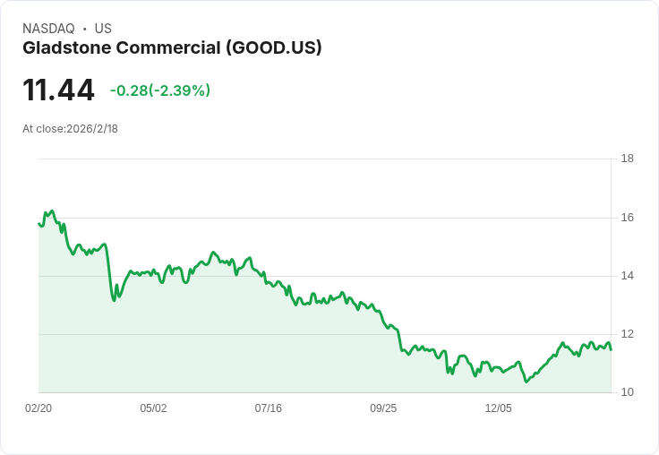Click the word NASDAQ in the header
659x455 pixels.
48,29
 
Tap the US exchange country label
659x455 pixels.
103,29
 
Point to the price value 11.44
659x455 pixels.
58,90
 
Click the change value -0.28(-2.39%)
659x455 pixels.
160,90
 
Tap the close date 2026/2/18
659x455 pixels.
92,129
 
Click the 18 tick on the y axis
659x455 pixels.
627,159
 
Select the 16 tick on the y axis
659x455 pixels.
627,218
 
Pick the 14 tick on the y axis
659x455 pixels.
627,276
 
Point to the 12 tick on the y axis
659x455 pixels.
627,334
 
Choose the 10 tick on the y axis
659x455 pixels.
627,392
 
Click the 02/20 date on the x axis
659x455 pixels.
39,408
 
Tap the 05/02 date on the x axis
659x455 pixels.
153,408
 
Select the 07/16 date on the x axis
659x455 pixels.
269,408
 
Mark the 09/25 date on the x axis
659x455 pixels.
383,408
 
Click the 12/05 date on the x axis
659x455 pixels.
498,408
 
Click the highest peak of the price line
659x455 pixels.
52,211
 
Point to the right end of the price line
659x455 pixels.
611,349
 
